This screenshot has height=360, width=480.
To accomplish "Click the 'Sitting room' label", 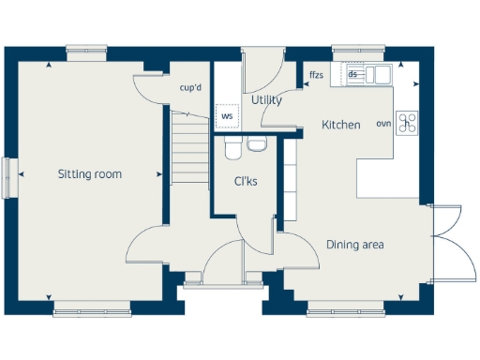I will tap(90, 174).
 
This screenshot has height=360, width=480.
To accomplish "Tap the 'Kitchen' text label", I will tap(340, 125).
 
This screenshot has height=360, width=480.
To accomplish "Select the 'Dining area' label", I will tap(355, 245).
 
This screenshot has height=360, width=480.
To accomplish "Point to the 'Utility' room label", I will tap(267, 99).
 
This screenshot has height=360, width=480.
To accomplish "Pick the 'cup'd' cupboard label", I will tap(191, 89).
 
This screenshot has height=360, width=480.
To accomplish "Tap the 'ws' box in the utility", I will tap(226, 116).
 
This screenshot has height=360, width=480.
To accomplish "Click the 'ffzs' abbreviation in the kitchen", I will tap(316, 74).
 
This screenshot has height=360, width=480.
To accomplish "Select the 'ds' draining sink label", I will tap(353, 74).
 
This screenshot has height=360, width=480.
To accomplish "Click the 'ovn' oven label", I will tap(383, 124).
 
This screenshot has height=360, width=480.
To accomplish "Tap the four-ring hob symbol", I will tap(407, 123).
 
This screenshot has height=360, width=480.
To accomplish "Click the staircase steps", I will tap(191, 145).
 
